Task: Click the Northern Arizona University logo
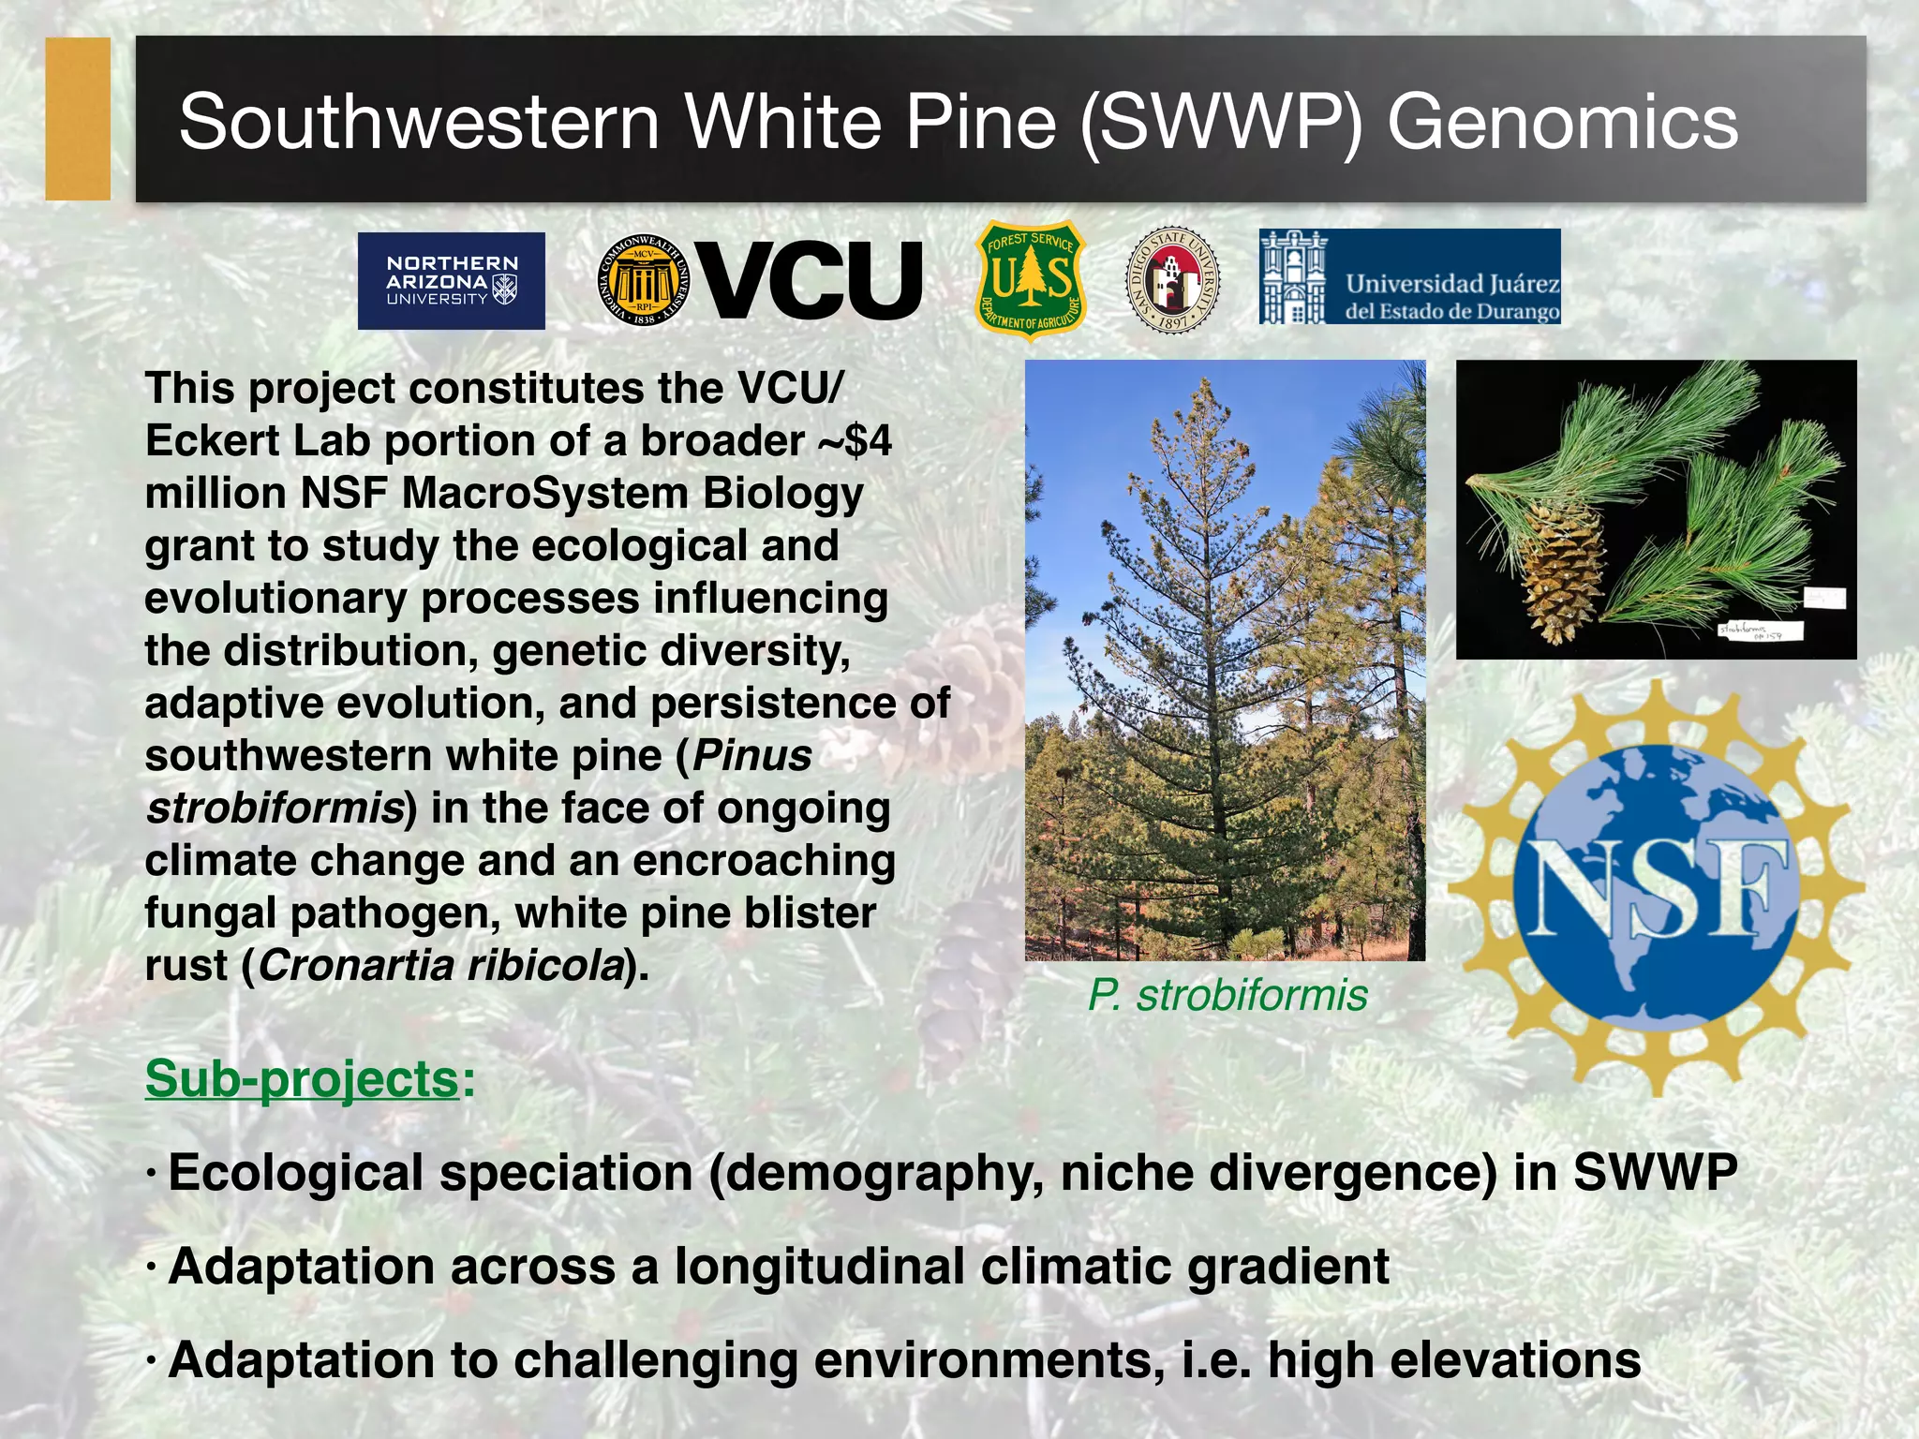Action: tap(451, 281)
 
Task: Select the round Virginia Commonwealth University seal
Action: tap(643, 280)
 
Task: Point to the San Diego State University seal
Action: tap(1171, 279)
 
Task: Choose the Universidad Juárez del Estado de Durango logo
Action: tap(1409, 277)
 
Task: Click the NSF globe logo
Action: tap(1656, 887)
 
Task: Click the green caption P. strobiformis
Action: tap(1227, 995)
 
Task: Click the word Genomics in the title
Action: tap(1562, 122)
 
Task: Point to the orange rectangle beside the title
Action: tap(78, 119)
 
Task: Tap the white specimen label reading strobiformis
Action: tap(1760, 630)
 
